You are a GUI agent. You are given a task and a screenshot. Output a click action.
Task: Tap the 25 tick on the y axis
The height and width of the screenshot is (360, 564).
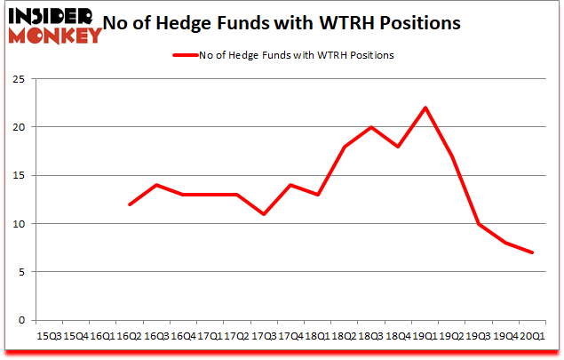click(x=17, y=79)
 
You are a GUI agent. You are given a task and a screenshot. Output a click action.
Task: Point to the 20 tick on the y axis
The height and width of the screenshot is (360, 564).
click(x=17, y=127)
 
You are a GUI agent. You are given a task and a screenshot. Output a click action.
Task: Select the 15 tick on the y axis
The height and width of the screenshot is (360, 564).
click(x=17, y=175)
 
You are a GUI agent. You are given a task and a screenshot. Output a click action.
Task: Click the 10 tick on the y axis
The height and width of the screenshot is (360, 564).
click(x=17, y=224)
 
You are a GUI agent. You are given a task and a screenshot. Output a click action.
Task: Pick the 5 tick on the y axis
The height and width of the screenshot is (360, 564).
click(x=20, y=272)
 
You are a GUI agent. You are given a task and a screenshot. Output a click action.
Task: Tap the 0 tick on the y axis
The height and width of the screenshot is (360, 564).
click(x=20, y=320)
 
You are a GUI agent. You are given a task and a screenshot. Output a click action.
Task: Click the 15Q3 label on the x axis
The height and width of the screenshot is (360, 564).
click(x=49, y=335)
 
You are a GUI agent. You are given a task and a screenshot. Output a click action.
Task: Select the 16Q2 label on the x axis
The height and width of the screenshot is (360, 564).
click(x=130, y=335)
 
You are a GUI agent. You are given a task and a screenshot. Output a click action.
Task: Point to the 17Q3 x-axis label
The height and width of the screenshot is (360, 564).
click(x=264, y=335)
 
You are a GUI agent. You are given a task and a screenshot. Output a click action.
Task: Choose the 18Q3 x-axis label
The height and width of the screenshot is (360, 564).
click(x=371, y=335)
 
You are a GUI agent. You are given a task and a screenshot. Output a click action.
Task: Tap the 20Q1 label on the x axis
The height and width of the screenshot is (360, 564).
click(x=533, y=335)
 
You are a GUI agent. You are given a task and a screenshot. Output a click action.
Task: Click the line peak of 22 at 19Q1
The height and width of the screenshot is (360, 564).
click(x=425, y=108)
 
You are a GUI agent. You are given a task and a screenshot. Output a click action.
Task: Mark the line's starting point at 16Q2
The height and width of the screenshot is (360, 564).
click(x=130, y=204)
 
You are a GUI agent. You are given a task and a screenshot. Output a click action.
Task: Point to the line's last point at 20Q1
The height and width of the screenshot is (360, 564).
click(x=533, y=252)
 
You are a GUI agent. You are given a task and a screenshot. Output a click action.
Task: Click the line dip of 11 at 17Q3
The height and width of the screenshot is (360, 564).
click(x=264, y=214)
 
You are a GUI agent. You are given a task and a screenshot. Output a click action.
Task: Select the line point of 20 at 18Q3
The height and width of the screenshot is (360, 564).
click(x=371, y=127)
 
